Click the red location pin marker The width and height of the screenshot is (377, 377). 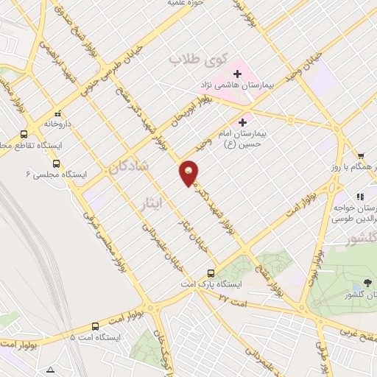click(189, 172)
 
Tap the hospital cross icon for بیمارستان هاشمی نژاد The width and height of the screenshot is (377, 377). click(237, 74)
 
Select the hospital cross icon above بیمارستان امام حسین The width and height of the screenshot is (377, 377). click(242, 121)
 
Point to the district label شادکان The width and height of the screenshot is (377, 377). click(126, 166)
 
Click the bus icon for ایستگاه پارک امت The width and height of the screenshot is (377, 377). click(212, 271)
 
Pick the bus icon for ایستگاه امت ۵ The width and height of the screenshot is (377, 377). click(94, 326)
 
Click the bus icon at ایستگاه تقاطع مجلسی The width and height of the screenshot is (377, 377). click(24, 134)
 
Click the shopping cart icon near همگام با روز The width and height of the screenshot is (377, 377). click(360, 155)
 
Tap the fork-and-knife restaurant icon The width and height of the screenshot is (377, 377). click(359, 197)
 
